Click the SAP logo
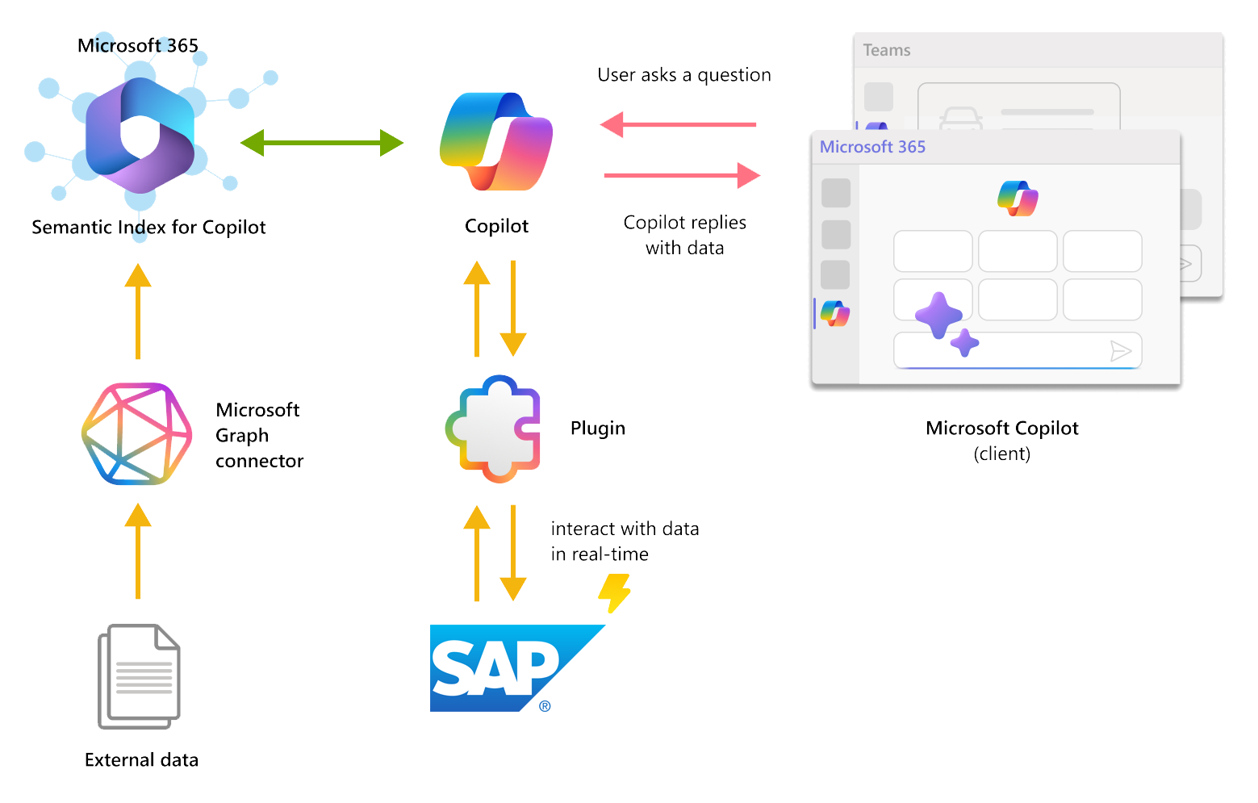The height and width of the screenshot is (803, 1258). tap(517, 667)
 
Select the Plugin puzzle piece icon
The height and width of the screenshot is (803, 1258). tap(494, 429)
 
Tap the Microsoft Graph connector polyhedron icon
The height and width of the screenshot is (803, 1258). tap(137, 434)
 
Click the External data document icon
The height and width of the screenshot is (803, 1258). tap(139, 676)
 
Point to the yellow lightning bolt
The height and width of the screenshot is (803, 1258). tap(615, 593)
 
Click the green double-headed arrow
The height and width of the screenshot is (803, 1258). tap(321, 143)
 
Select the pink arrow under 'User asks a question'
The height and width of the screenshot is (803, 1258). tap(678, 125)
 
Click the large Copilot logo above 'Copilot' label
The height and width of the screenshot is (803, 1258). tap(496, 142)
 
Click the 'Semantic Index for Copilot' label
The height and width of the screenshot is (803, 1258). tap(148, 228)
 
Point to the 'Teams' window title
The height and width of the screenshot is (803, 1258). tap(887, 50)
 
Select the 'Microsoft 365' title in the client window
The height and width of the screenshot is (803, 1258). tap(872, 147)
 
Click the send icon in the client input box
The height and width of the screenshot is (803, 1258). tap(1121, 350)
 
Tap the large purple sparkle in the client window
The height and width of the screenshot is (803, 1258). tap(938, 315)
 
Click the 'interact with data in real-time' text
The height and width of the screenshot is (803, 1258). tap(625, 542)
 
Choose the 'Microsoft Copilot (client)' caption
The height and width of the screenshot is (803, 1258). tap(1001, 440)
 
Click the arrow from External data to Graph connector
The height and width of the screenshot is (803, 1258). tap(138, 551)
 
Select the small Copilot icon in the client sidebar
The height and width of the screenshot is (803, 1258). tap(835, 313)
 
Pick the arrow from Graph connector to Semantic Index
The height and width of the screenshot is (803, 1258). tap(138, 312)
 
